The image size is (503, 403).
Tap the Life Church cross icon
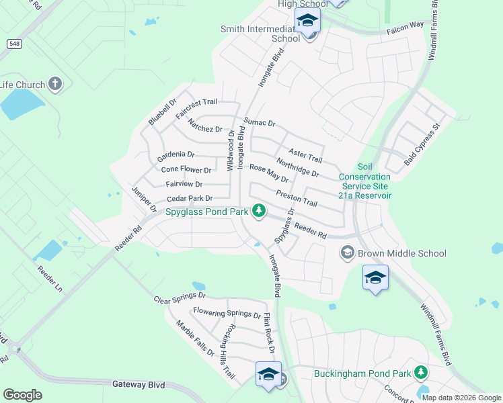tap(55, 85)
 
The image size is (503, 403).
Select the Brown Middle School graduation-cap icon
tap(348, 253)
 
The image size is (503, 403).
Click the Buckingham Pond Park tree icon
tap(421, 371)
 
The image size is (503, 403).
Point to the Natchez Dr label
tap(205, 125)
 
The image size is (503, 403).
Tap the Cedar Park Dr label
tap(190, 199)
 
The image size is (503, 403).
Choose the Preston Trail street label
tap(296, 199)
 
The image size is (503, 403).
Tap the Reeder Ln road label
tap(49, 279)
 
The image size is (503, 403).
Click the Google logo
tap(22, 395)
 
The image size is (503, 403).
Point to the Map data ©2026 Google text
tap(461, 398)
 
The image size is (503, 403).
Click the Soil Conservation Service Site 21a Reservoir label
tap(364, 181)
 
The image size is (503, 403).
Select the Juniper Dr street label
tap(143, 199)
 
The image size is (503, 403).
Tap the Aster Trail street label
tap(306, 155)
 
